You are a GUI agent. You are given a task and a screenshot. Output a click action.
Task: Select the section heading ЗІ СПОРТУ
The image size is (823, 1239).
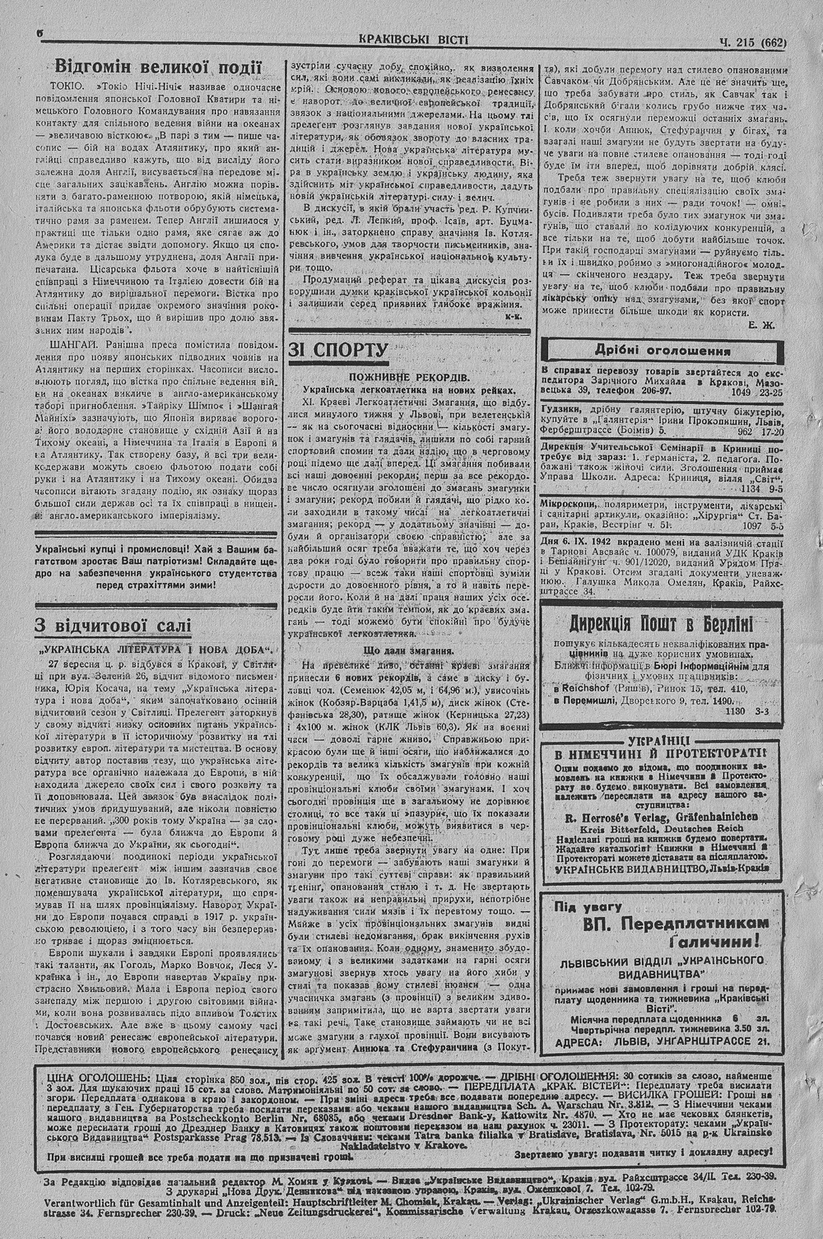coord(338,351)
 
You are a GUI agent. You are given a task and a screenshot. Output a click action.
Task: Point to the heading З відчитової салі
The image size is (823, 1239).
coord(113,626)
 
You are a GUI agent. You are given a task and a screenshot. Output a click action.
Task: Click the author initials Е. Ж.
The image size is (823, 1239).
coord(761,325)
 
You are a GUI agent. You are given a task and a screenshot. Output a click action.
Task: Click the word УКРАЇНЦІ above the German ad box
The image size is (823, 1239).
coord(657,739)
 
